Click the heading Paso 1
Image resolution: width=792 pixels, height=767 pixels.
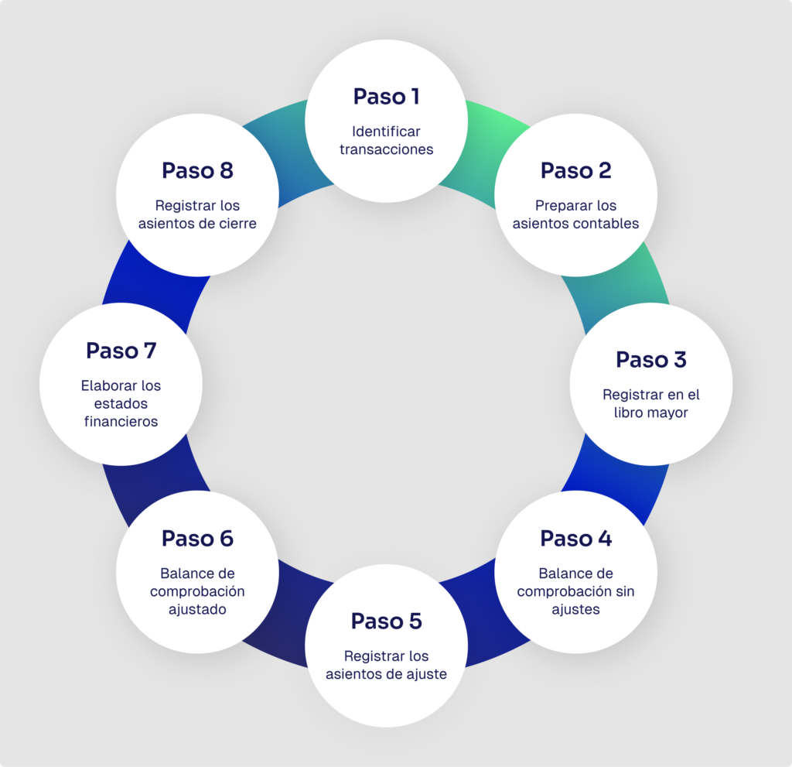386,97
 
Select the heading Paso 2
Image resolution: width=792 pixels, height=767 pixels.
575,170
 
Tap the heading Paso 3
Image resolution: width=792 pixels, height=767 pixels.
651,360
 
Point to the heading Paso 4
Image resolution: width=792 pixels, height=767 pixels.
575,539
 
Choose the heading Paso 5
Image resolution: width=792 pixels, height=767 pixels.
386,621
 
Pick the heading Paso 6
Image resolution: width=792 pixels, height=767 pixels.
197,539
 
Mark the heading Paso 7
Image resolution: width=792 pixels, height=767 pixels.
121,351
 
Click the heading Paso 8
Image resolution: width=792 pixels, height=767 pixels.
197,170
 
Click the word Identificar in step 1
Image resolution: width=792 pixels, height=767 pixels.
386,132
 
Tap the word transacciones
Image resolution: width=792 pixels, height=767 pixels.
386,149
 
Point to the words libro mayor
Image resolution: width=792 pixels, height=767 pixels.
651,413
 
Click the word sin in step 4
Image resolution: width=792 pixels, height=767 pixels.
624,591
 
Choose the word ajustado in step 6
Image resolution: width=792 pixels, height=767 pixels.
197,609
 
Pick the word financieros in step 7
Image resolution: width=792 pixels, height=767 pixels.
121,422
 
